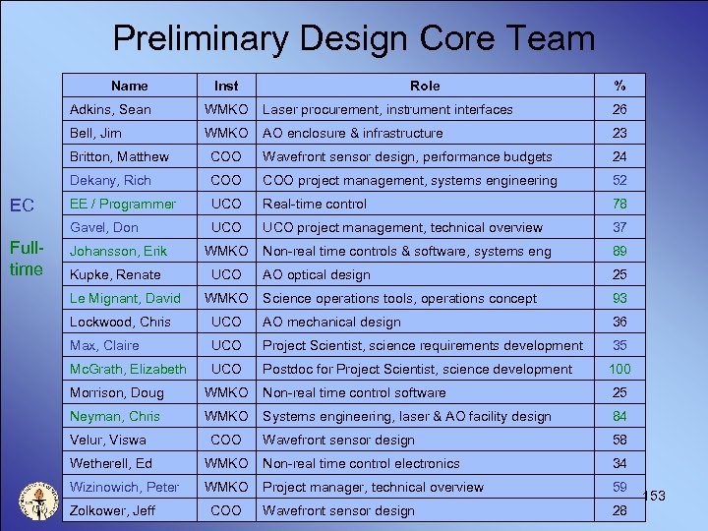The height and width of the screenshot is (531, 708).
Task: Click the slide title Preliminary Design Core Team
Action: [354, 38]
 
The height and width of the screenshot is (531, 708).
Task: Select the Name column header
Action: [129, 86]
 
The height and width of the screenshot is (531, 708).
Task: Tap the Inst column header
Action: [226, 86]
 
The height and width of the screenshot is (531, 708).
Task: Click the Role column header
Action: [425, 86]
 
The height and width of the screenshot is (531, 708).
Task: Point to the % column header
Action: [619, 86]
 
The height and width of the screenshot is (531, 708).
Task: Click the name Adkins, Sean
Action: [110, 109]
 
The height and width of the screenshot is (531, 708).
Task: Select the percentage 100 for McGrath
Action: [619, 369]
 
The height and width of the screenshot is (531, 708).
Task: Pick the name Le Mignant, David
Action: [125, 298]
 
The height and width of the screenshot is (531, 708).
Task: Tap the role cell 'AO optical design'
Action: [317, 274]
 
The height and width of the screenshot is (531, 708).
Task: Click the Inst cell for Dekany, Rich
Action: [226, 180]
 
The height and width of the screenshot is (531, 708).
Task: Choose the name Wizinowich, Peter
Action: [124, 487]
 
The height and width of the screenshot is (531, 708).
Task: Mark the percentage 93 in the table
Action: [619, 298]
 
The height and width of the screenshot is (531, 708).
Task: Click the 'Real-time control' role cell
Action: [315, 204]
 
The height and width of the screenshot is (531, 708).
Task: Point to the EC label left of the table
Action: [22, 206]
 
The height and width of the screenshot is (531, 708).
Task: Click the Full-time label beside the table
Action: [26, 259]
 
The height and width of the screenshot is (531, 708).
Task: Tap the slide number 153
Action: [653, 496]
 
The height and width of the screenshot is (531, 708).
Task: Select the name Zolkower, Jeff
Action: [113, 510]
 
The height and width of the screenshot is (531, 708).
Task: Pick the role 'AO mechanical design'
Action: [331, 322]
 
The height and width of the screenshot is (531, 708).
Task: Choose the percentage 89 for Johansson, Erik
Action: [619, 251]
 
